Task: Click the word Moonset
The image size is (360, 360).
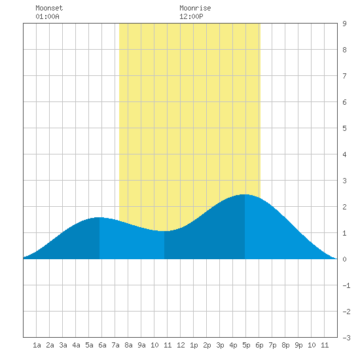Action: click(49, 8)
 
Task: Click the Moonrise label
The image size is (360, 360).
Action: click(195, 8)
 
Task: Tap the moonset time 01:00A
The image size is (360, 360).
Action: click(47, 16)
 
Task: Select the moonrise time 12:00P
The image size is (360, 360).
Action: click(191, 16)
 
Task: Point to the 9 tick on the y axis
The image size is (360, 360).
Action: click(344, 24)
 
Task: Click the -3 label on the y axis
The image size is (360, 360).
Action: click(346, 338)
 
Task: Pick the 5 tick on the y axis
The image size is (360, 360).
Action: click(344, 128)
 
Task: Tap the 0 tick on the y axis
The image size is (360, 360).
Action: click(344, 259)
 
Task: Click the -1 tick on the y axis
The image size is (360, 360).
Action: click(346, 285)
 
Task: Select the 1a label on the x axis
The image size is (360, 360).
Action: click(37, 345)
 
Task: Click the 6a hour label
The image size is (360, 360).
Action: click(102, 345)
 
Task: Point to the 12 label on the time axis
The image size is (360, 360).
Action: click(181, 345)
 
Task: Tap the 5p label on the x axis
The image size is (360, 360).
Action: click(246, 345)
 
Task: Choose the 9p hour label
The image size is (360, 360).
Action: click(298, 345)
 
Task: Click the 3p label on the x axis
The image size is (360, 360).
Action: click(220, 345)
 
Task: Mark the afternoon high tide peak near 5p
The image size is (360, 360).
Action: click(245, 194)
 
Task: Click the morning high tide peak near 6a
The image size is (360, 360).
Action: click(99, 217)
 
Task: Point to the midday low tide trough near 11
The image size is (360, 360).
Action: click(164, 231)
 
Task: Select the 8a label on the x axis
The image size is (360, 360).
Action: click(128, 345)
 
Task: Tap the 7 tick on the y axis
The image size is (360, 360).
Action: click(344, 76)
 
